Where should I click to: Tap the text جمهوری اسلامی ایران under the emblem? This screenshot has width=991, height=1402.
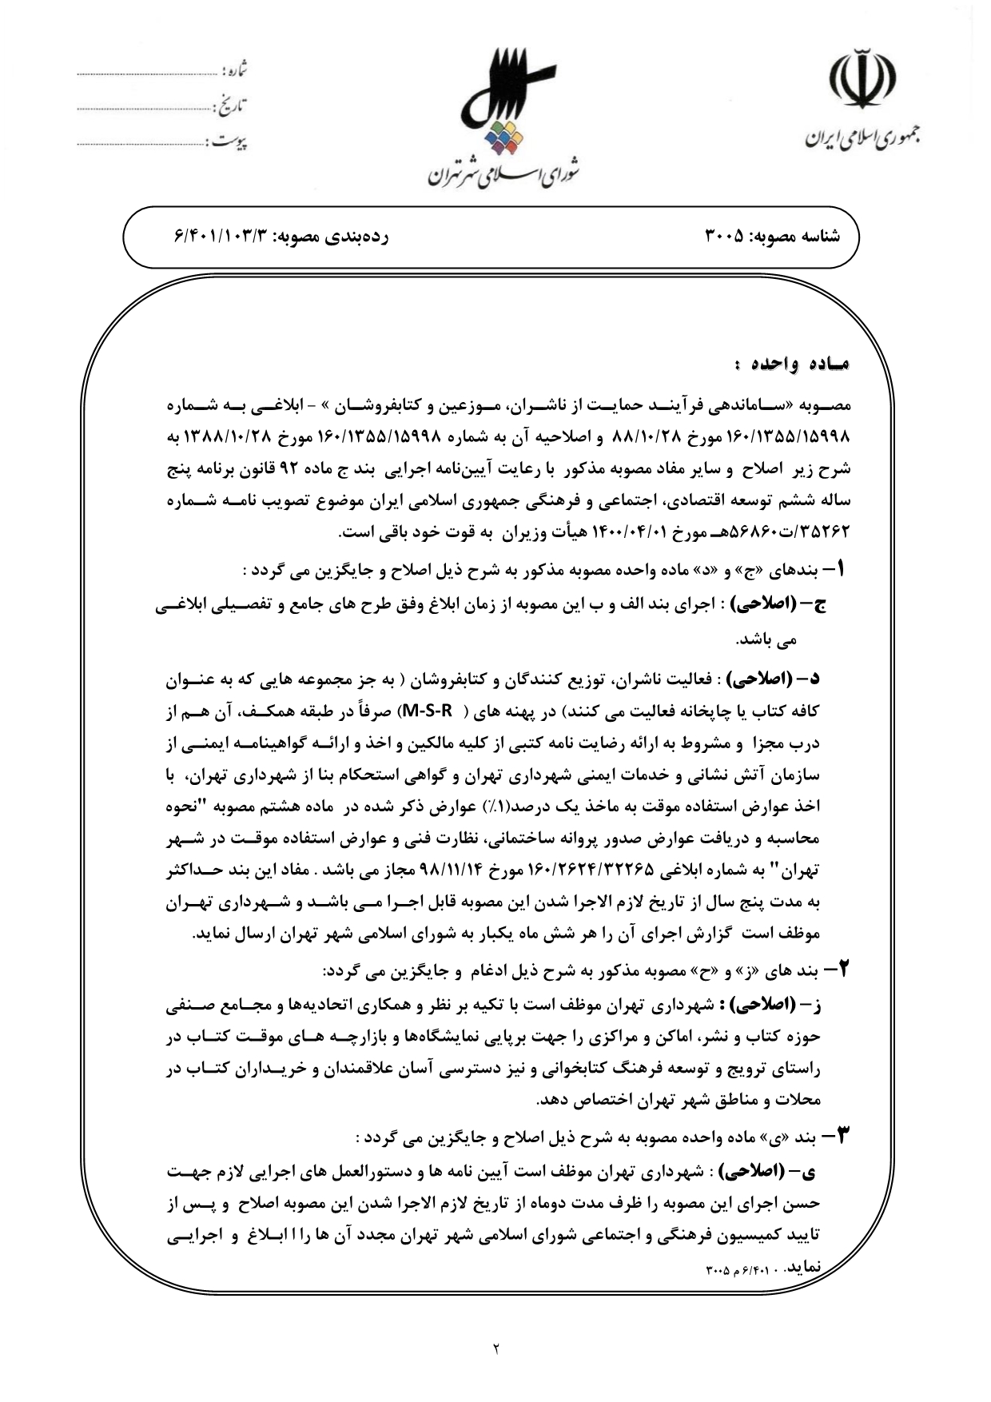[x=862, y=139]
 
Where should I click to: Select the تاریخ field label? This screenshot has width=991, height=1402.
[x=232, y=104]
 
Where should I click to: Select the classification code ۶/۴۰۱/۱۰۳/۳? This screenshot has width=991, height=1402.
[x=225, y=237]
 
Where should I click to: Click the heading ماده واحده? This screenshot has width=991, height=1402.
[x=792, y=364]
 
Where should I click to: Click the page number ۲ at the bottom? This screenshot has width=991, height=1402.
[x=495, y=1350]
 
